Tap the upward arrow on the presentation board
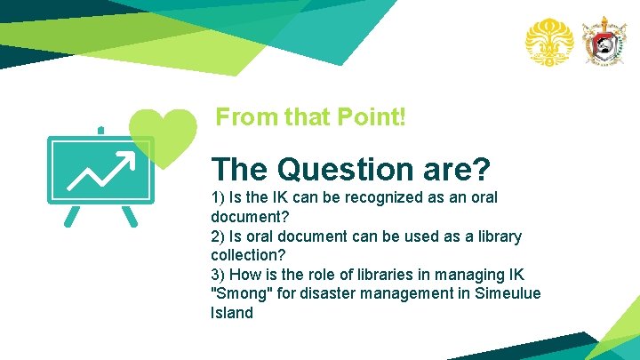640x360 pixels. pos(100,170)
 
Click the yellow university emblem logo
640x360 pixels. pos(548,41)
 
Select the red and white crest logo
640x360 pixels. pos(604,41)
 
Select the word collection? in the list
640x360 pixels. pos(249,255)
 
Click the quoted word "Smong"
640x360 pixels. pos(243,293)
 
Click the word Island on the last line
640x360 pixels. pos(232,313)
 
